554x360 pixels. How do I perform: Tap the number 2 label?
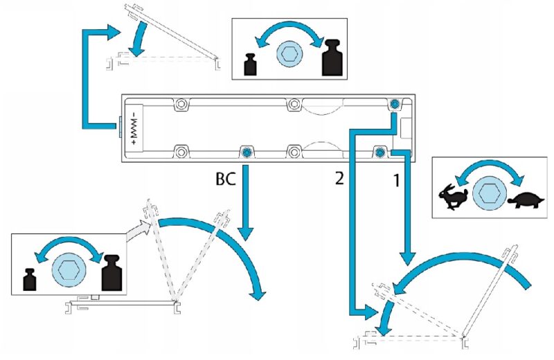[339, 178]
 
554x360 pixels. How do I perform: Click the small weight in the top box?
[251, 64]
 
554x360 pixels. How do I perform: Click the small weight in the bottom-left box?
[30, 278]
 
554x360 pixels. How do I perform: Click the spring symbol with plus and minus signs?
[133, 128]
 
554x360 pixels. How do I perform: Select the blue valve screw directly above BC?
[246, 151]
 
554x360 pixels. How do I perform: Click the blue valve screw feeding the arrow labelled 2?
[393, 104]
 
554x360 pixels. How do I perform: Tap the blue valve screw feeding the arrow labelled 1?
[379, 151]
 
